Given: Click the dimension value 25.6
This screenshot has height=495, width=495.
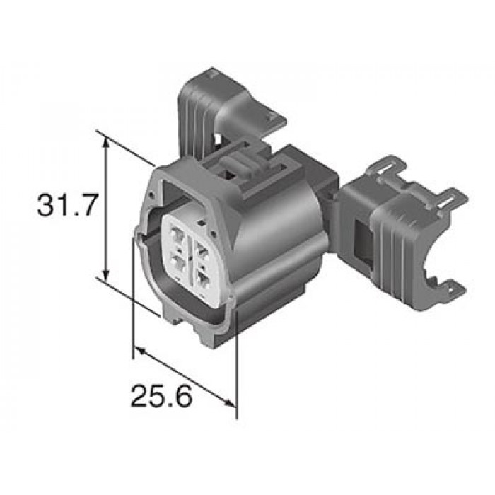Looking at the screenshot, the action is pyautogui.click(x=161, y=395).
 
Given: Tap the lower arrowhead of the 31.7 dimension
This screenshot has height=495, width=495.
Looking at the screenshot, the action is pyautogui.click(x=106, y=274).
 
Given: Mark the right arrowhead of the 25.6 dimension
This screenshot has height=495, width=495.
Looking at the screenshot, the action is pyautogui.click(x=230, y=402).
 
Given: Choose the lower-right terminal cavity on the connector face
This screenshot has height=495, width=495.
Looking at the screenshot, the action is pyautogui.click(x=203, y=279).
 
